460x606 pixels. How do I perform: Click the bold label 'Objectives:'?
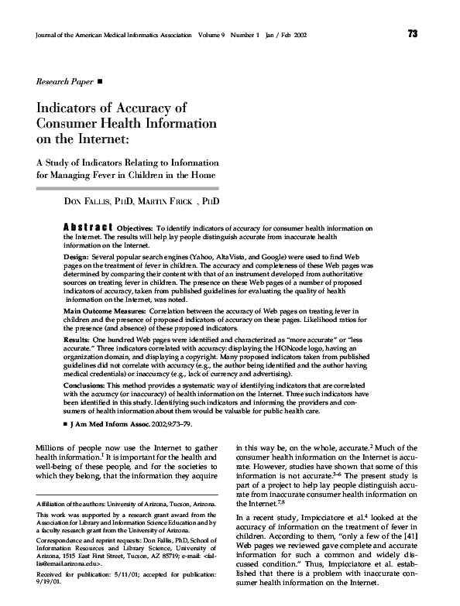tap(135, 229)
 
